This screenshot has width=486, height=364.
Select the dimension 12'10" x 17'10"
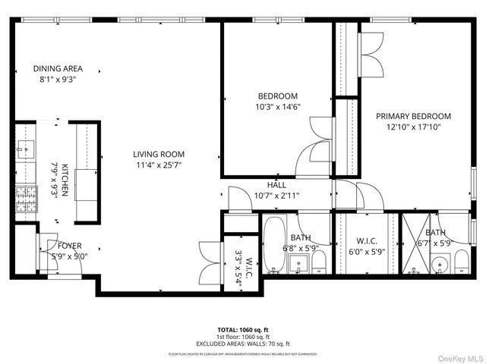click(414, 127)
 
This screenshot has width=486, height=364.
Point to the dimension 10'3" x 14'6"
click(278, 107)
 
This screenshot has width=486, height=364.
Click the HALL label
click(276, 185)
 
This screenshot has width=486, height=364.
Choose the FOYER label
click(70, 246)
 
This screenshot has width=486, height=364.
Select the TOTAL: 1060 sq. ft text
click(243, 330)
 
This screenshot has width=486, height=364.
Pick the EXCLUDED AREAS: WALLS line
click(243, 344)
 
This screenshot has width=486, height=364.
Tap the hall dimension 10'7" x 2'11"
click(276, 195)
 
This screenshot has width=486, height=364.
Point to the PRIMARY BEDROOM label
click(414, 117)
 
